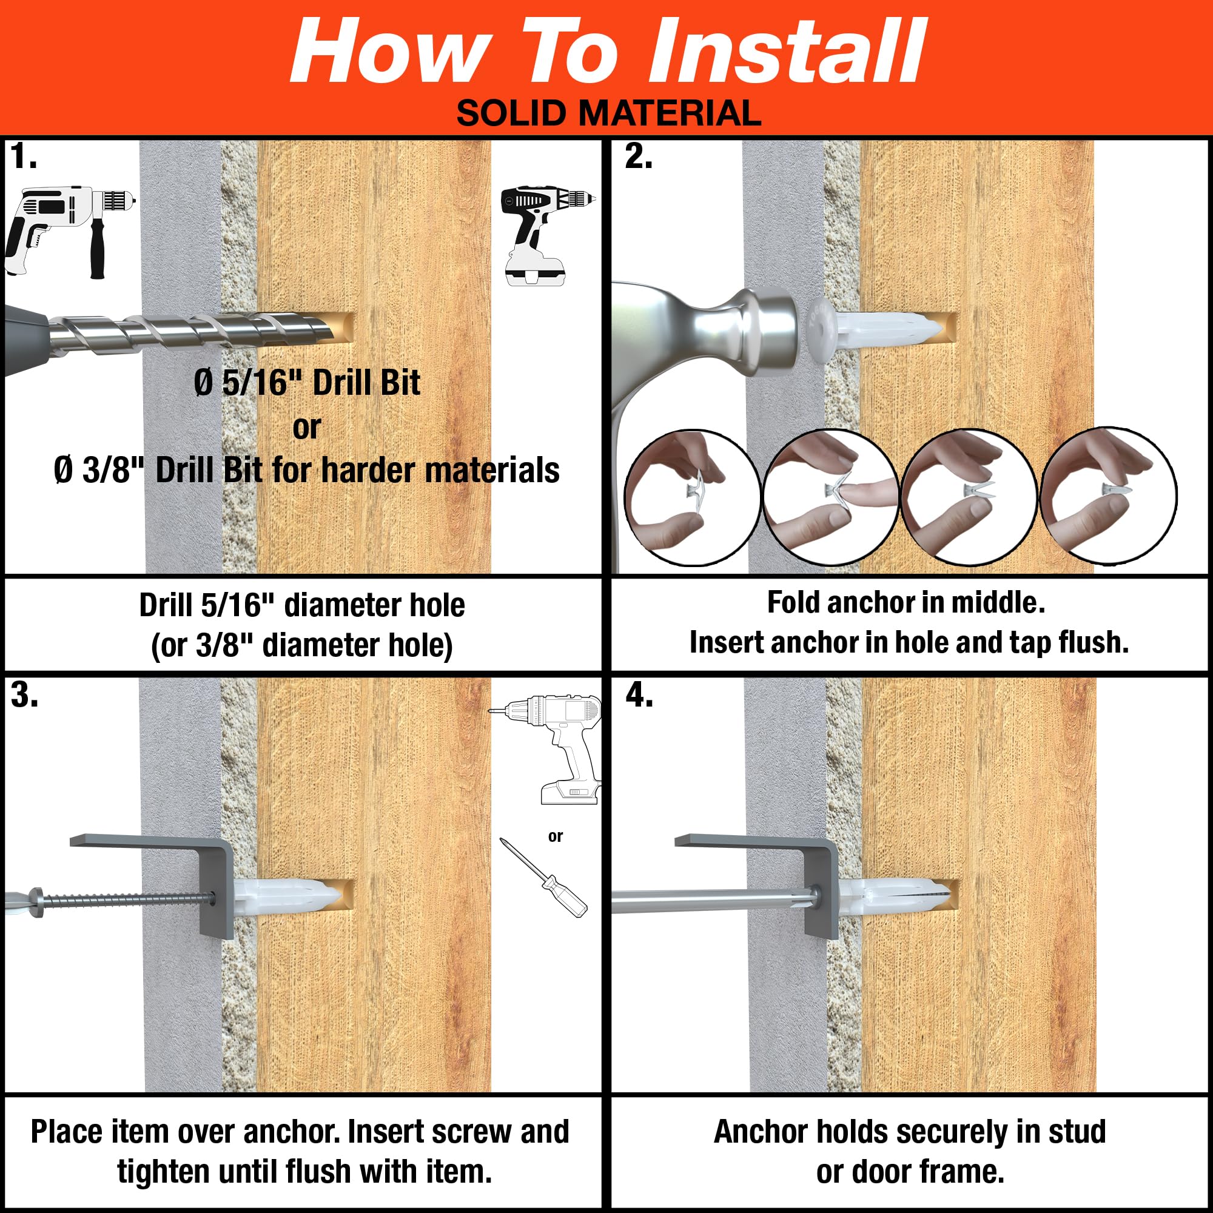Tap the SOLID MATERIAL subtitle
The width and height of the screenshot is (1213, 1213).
pos(608,113)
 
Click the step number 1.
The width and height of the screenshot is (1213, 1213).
pos(23,156)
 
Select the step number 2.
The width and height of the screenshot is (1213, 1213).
pos(639,156)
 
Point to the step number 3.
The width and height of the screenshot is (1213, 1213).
pos(24,695)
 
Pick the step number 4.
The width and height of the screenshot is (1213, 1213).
pos(639,695)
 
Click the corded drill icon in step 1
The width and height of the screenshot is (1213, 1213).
pos(70,232)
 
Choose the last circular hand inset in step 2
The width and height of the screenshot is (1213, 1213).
pos(1109,495)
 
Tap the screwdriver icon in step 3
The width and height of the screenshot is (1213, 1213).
pos(543,877)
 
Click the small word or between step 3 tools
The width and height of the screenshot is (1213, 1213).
pos(555,836)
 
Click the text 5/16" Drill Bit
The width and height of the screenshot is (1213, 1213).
pos(321,382)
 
